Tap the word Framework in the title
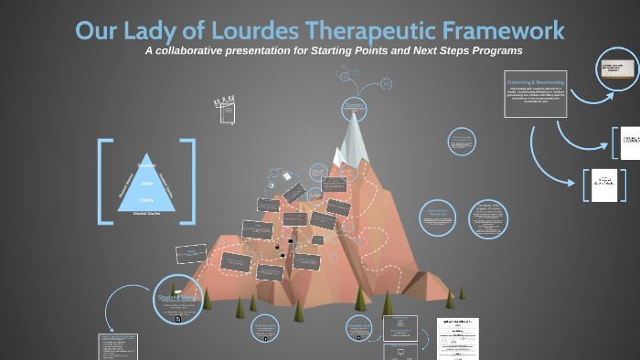click(x=493, y=30)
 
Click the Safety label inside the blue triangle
click(x=146, y=199)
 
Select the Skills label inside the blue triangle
click(x=146, y=183)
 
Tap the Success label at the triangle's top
click(x=146, y=165)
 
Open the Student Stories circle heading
click(x=173, y=298)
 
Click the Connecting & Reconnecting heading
click(x=536, y=82)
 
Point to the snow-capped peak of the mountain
click(x=351, y=137)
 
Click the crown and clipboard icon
click(x=223, y=107)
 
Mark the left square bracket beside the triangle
click(x=103, y=180)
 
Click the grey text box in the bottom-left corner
click(x=118, y=346)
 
